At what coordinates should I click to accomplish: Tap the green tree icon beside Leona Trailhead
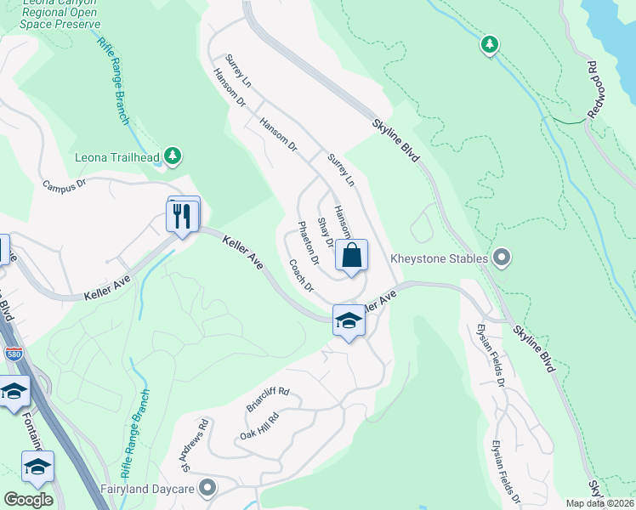pos(173,156)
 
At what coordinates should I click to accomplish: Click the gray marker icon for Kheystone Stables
pos(501,258)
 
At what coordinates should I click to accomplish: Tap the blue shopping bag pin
pos(352,255)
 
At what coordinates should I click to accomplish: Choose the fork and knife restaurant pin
pos(181,215)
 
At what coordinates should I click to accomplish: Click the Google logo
pos(28,500)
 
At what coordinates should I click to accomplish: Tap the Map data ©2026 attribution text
pos(599,503)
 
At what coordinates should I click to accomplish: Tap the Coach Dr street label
pos(301,276)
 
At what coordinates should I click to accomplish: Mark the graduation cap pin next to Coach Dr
pos(348,320)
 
